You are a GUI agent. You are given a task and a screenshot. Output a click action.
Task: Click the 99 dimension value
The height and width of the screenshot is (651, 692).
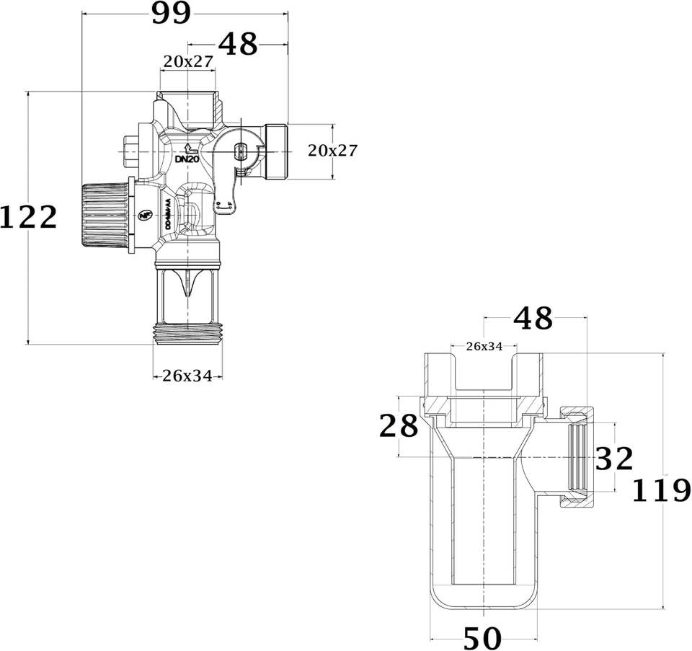pos(171,13)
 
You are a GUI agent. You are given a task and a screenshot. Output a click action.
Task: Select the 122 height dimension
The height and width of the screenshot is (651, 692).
pos(29,217)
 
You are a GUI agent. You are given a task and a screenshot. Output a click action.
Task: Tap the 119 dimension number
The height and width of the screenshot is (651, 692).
pos(661,491)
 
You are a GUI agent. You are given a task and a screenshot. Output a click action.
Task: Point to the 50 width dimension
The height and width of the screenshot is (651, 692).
pos(482,637)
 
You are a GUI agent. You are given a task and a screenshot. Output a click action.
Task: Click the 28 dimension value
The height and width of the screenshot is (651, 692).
pos(399,426)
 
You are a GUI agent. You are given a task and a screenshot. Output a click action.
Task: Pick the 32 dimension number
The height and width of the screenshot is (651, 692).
pos(613,459)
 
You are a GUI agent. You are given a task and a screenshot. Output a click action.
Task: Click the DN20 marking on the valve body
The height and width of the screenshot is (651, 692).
pos(187,159)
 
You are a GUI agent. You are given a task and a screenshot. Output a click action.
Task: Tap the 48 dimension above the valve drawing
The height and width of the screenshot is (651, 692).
pos(238,45)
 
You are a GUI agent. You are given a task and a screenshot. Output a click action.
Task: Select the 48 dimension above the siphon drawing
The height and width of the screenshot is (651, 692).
pos(533,317)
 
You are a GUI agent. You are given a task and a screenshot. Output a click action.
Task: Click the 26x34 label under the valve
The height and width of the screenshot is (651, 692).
pos(187,376)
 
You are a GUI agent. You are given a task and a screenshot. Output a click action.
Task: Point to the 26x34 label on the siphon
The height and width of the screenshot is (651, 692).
pos(484,346)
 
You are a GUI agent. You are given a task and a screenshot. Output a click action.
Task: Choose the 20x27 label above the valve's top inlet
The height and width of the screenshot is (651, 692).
pos(187,62)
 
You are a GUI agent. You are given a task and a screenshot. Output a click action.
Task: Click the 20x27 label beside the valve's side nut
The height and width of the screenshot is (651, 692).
pos(332,150)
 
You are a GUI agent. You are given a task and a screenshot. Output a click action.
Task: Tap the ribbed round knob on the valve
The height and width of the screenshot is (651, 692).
pos(105,215)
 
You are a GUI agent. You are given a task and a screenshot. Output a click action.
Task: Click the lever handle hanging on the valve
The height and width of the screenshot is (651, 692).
pos(226,189)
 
